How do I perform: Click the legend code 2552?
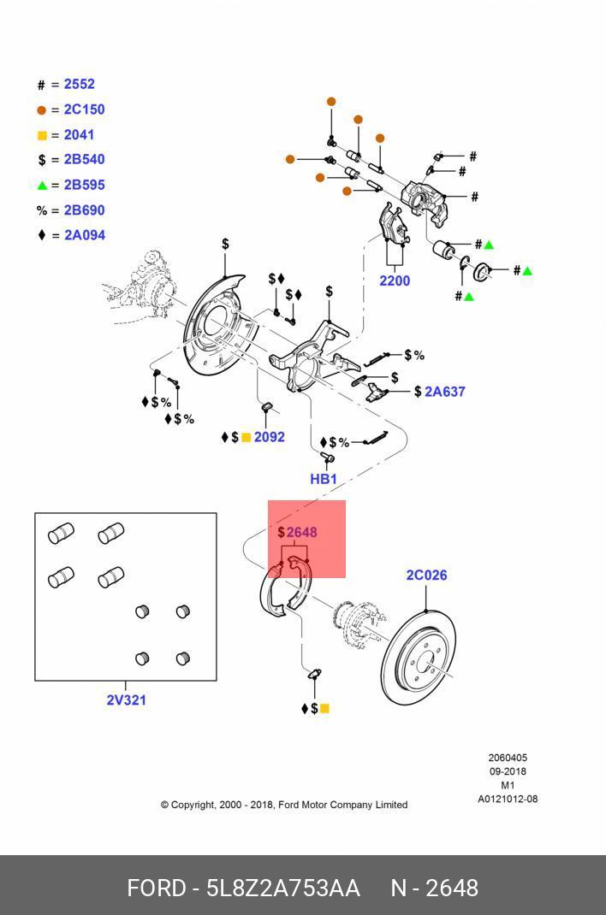point(79,85)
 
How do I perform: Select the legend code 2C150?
point(84,109)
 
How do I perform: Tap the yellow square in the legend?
point(42,136)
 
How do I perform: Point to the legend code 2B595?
point(84,185)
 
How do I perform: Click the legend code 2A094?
point(84,235)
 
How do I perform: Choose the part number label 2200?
point(395,280)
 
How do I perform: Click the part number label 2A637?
point(444,392)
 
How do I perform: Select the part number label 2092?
point(269,437)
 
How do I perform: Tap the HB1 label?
point(324,479)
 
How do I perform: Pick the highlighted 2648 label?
point(301,532)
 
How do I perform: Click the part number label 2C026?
point(426,575)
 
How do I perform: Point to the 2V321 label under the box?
point(126,700)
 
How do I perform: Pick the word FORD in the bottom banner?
point(156,888)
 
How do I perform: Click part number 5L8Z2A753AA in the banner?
point(282,888)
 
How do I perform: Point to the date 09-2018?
point(508,771)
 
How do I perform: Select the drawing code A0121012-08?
point(508,800)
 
